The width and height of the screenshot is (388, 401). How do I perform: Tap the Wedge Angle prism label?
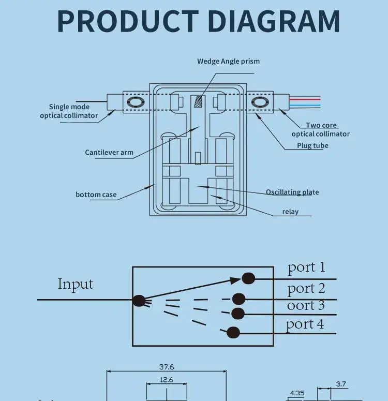tap(228, 61)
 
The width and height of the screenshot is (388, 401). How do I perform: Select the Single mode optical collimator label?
tap(69, 111)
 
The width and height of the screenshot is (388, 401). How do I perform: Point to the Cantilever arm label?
tap(109, 153)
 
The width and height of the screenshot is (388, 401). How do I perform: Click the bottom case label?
tap(96, 195)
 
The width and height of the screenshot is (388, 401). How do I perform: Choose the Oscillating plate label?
tap(292, 192)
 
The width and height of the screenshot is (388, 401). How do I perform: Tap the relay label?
tap(290, 211)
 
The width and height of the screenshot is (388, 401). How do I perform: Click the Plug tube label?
tap(312, 145)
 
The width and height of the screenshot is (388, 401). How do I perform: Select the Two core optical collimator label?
tap(320, 129)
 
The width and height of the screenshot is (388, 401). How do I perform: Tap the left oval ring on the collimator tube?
tap(136, 102)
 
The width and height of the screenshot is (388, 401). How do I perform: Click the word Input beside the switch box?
tap(76, 284)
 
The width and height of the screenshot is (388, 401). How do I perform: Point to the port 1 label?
tap(307, 267)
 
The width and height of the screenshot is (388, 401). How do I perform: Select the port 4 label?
tap(305, 324)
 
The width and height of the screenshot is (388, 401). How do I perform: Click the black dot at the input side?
tap(139, 300)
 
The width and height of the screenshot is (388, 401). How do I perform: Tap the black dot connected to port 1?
tap(248, 278)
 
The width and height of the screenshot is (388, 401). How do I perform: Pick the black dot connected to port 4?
tap(233, 332)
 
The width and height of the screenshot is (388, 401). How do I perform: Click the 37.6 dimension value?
tap(167, 367)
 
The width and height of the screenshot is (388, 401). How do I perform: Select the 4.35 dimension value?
tap(297, 393)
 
